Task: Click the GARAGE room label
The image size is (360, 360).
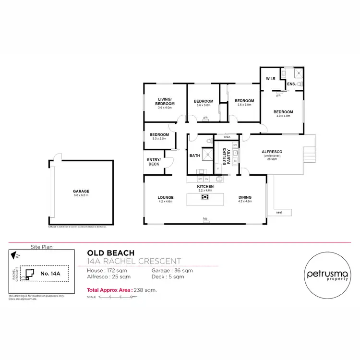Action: tap(81, 191)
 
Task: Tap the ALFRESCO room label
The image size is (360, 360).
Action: tap(272, 152)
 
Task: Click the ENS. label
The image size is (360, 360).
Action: tap(291, 84)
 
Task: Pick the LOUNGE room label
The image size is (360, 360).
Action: tap(165, 197)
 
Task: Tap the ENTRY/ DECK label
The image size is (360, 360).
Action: tap(154, 162)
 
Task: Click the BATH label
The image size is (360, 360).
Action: tap(194, 156)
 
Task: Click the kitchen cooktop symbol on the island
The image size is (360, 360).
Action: tap(205, 196)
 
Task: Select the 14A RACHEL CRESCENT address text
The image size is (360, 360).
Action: tap(133, 261)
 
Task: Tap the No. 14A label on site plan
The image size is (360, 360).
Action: tap(50, 273)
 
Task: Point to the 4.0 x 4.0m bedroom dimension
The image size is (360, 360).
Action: tap(284, 116)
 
